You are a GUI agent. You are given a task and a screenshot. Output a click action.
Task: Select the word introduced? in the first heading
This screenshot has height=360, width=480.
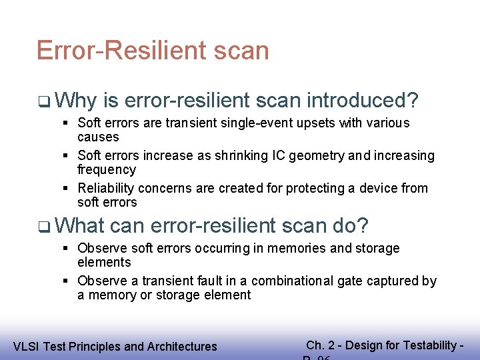(363, 101)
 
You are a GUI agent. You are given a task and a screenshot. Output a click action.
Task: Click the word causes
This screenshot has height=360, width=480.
(98, 137)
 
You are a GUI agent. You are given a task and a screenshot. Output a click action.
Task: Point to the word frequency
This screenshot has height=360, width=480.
(107, 170)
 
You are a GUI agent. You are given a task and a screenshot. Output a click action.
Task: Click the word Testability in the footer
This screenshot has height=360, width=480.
(429, 345)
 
